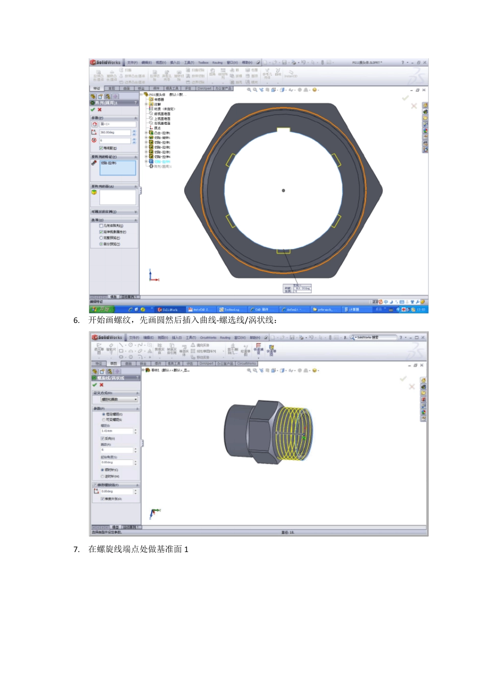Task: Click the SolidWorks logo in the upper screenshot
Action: click(x=105, y=62)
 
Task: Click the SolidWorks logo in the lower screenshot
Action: click(x=107, y=337)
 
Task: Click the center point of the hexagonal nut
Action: click(x=283, y=191)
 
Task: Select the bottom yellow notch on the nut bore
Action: click(x=283, y=251)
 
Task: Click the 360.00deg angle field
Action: click(x=115, y=132)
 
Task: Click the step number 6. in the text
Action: click(x=77, y=320)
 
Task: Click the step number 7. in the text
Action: click(x=77, y=549)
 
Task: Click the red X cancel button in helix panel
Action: click(x=101, y=385)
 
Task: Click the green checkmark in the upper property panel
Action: click(x=93, y=109)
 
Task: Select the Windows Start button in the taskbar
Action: click(x=102, y=309)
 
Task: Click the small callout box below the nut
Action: click(x=297, y=289)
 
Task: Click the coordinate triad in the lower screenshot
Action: click(x=153, y=513)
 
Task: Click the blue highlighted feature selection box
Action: click(x=117, y=167)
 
